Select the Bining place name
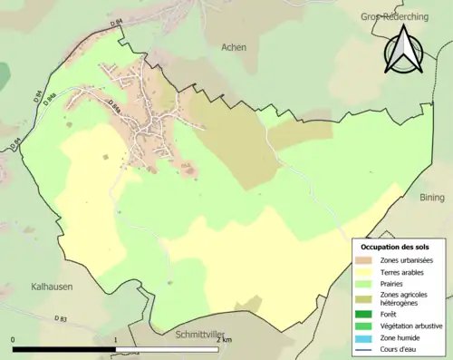click(433, 195)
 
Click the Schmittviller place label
click(202, 335)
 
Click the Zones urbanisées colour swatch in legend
click(367, 260)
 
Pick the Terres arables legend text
click(403, 271)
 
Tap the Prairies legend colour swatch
click(367, 282)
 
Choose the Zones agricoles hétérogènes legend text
click(407, 298)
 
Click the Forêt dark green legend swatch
click(367, 314)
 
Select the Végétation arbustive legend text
click(412, 325)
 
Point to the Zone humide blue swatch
click(367, 336)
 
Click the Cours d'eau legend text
click(403, 346)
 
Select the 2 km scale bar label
click(224, 339)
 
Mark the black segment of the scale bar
click(64, 349)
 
